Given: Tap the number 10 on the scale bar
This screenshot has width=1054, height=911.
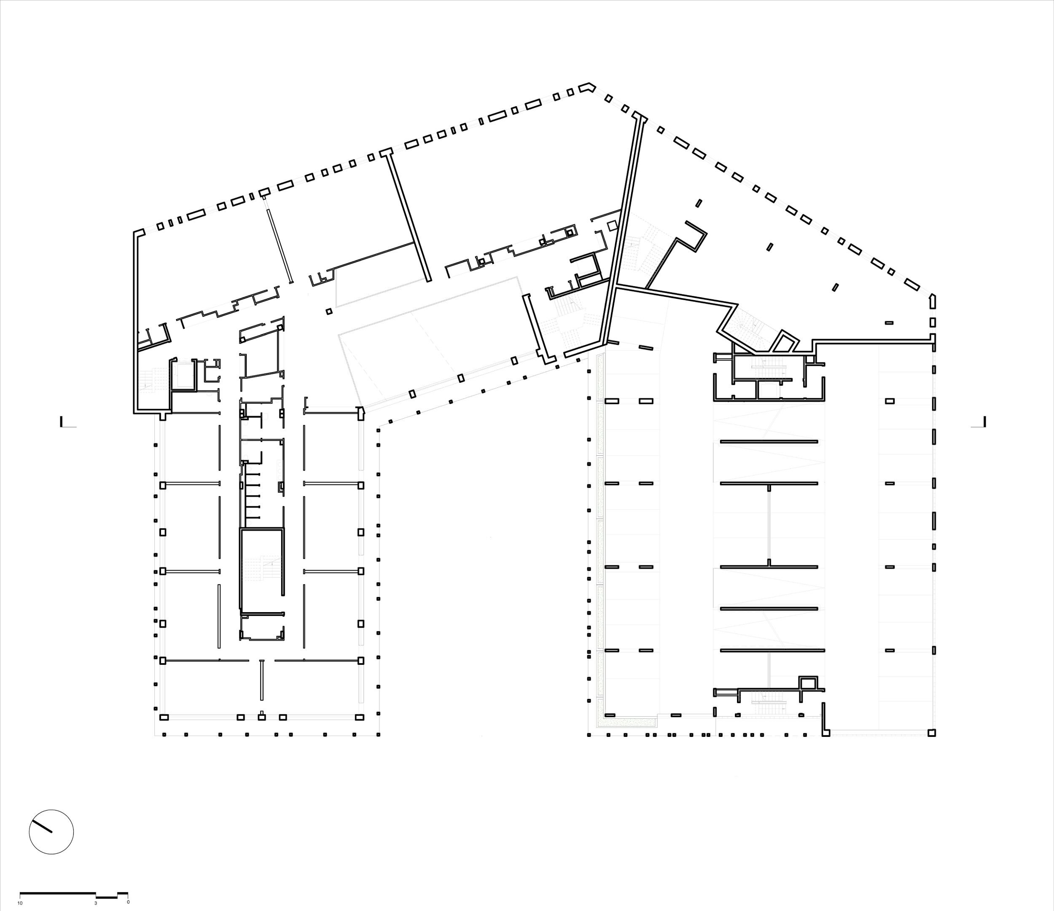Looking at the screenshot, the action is click(x=20, y=902).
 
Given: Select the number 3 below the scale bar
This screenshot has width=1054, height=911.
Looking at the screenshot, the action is click(x=96, y=902).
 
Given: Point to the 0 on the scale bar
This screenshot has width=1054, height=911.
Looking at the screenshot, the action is click(x=128, y=902).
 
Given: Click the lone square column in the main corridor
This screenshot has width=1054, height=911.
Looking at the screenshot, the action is click(x=329, y=311).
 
